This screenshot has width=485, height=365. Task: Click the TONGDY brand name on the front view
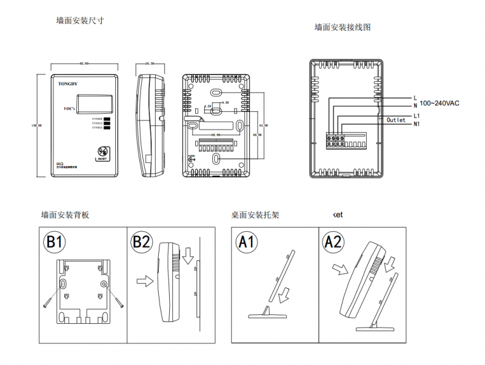[x=68, y=83]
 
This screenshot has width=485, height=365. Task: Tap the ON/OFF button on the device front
[x=102, y=153]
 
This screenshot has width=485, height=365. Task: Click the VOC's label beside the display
[x=69, y=108]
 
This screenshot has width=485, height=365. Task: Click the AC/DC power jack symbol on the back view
[x=192, y=158]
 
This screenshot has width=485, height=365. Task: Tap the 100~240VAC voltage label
[x=440, y=104]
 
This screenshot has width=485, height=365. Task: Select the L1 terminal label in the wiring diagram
[x=416, y=115]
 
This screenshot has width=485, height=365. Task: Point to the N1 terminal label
[x=416, y=125]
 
